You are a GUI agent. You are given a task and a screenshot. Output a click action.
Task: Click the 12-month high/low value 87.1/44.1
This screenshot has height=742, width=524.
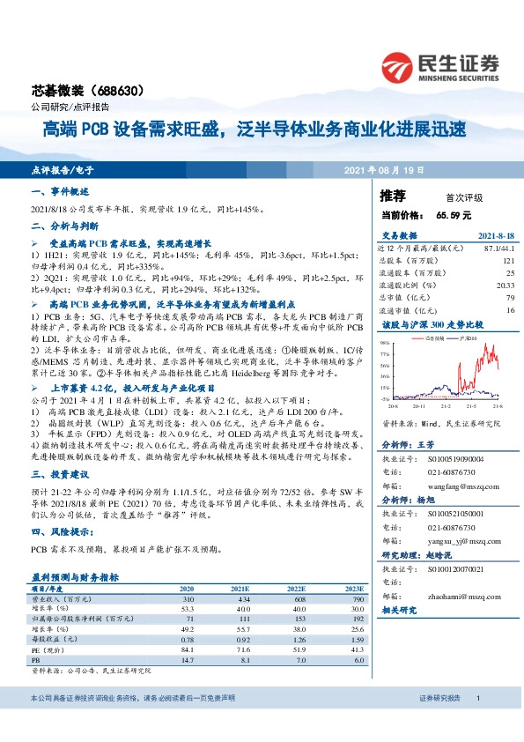click(497, 249)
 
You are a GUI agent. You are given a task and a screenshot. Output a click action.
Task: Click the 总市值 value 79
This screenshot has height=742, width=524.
click(509, 298)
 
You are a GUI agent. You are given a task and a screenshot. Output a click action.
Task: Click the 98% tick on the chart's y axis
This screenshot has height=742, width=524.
click(386, 342)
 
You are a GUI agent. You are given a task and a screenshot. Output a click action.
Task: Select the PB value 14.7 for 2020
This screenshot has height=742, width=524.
click(187, 658)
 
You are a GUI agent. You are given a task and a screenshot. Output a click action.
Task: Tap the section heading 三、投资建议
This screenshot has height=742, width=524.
click(57, 473)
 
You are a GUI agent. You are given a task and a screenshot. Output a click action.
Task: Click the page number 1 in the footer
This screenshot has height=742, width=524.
click(477, 723)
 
